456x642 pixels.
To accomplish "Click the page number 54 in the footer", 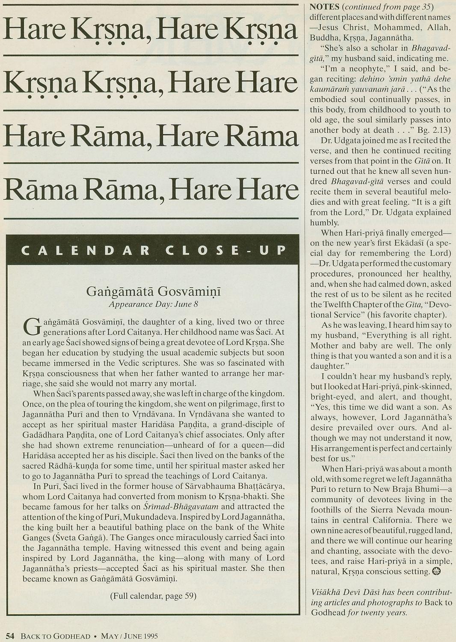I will click(x=11, y=636).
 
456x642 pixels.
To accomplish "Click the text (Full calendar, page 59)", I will click(x=153, y=595).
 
